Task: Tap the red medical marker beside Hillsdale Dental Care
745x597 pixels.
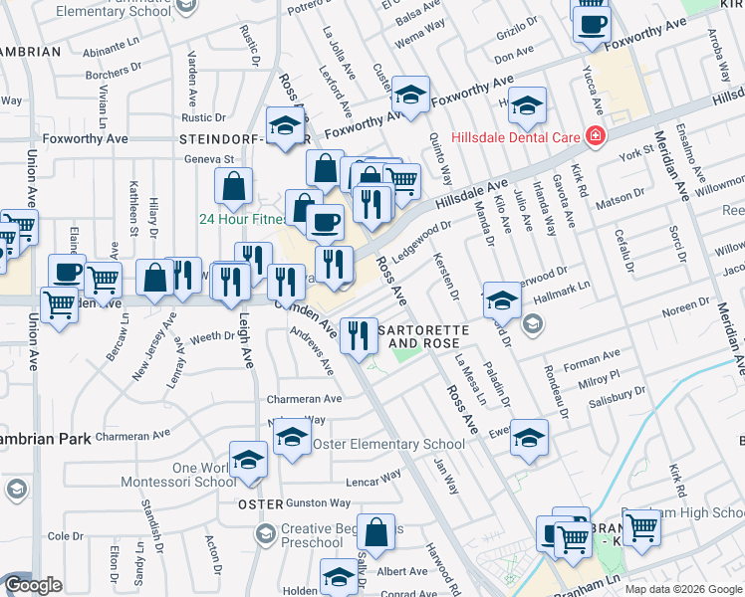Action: (595, 135)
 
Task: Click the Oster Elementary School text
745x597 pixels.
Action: (388, 444)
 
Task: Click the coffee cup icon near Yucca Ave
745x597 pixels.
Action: (592, 24)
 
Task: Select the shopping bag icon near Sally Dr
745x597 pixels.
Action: (376, 532)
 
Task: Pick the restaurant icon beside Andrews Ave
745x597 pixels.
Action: (358, 334)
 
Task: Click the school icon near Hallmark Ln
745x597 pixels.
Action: (502, 299)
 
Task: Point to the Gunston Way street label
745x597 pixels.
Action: (320, 504)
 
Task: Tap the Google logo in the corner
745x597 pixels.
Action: (33, 585)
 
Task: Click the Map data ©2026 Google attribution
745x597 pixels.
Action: (682, 589)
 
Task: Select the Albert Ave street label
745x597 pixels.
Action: (402, 571)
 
